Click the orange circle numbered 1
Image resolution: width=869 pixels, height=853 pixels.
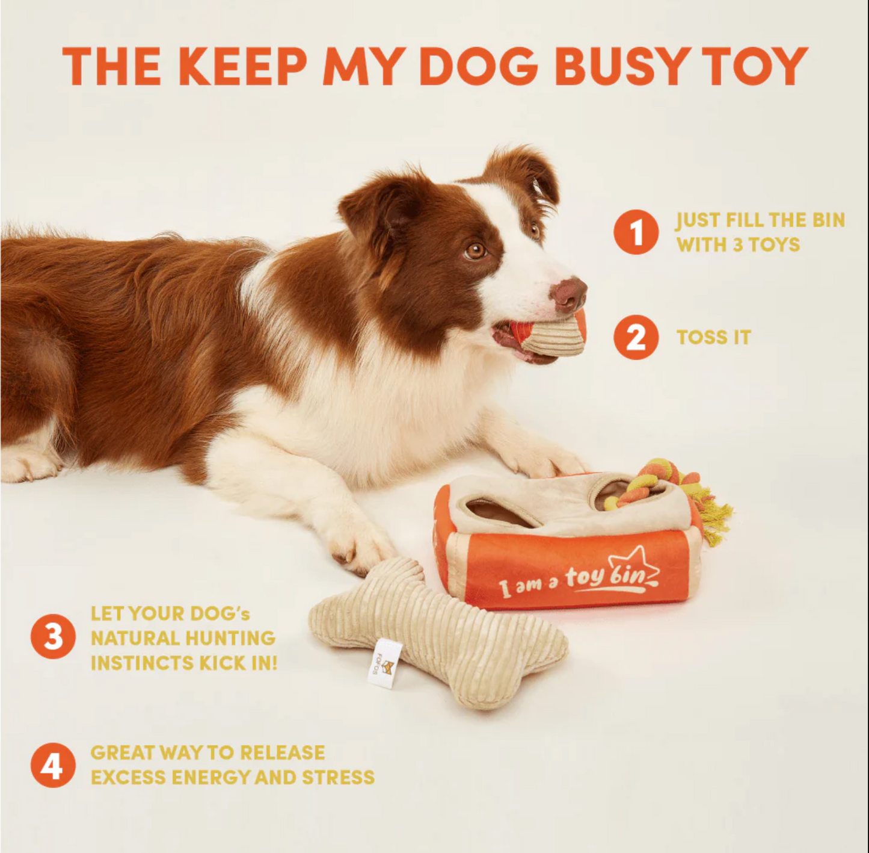636,232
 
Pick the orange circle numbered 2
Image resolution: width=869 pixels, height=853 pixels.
636,337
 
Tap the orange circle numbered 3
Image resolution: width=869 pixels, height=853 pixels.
53,636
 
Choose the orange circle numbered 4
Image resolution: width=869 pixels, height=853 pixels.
53,765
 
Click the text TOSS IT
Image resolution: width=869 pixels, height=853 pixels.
713,338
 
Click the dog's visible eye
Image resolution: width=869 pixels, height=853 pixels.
475,250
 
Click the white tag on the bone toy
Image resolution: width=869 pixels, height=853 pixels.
384,664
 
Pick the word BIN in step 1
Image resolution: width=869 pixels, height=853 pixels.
828,220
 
